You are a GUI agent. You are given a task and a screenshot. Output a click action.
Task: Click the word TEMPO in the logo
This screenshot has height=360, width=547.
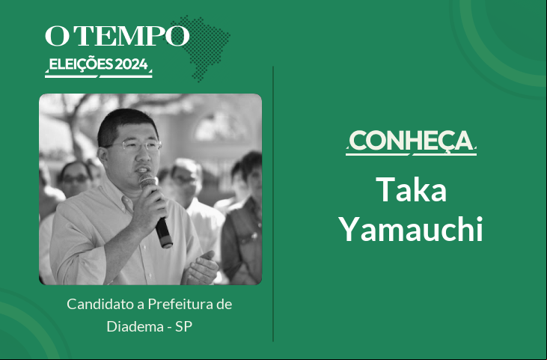[132, 36]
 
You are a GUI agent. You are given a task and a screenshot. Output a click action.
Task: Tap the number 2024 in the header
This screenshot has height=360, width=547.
[131, 64]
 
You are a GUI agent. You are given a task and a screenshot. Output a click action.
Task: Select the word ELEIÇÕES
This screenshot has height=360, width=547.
[81, 64]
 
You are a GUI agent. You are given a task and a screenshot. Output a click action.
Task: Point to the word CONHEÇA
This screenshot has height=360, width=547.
[411, 141]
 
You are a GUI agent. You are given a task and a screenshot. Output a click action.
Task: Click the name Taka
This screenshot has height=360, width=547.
[411, 189]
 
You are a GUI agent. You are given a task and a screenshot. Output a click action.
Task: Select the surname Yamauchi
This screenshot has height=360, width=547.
[411, 229]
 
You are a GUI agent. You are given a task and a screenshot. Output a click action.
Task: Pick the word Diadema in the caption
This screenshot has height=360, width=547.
[135, 326]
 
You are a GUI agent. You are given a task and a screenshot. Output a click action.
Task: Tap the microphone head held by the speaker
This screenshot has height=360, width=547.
[148, 180]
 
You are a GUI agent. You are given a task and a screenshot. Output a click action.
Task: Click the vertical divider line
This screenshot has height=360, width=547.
[273, 204]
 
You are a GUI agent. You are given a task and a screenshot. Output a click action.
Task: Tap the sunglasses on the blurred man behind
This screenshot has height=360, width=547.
[76, 179]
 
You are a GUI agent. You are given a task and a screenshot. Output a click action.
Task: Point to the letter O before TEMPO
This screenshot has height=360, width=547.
[58, 36]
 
